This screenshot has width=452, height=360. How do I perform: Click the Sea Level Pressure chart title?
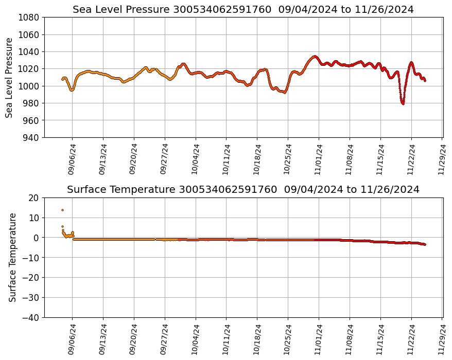pyautogui.click(x=243, y=10)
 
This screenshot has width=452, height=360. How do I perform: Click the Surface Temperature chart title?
pyautogui.click(x=243, y=190)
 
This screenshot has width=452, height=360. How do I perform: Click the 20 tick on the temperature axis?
pyautogui.click(x=34, y=197)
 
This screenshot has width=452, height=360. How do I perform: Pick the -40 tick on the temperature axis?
pyautogui.click(x=32, y=317)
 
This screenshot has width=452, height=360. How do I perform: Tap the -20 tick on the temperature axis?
pyautogui.click(x=32, y=278)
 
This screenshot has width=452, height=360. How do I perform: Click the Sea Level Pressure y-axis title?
pyautogui.click(x=10, y=78)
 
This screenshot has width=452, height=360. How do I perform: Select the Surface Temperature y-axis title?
pyautogui.click(x=13, y=257)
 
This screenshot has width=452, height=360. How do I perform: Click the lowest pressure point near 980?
pyautogui.click(x=403, y=104)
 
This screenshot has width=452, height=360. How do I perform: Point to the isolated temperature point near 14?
pyautogui.click(x=62, y=210)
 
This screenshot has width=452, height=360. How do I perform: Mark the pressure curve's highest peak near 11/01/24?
pyautogui.click(x=315, y=57)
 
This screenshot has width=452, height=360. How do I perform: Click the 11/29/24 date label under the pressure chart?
pyautogui.click(x=442, y=159)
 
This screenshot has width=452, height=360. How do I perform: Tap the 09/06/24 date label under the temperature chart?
pyautogui.click(x=72, y=339)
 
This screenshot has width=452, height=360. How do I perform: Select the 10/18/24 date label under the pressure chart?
pyautogui.click(x=257, y=159)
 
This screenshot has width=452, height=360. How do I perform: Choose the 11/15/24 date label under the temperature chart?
pyautogui.click(x=380, y=339)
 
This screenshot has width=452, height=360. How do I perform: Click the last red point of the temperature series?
pyautogui.click(x=425, y=244)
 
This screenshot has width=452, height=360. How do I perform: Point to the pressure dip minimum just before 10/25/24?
pyautogui.click(x=284, y=93)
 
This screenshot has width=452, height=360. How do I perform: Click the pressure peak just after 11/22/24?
pyautogui.click(x=411, y=63)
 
